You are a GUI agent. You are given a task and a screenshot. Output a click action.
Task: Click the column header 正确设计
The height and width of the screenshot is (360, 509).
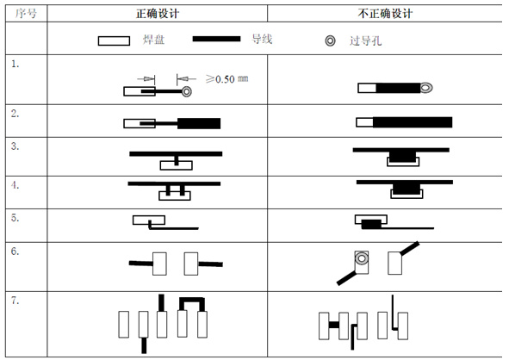coord(158,14)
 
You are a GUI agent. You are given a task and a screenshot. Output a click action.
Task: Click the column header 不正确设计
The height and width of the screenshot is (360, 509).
coord(385,14)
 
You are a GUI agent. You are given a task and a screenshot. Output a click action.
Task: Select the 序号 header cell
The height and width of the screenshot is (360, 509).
coord(26,14)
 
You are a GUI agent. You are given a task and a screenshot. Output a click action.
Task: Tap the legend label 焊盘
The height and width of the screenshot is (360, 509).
coord(153,40)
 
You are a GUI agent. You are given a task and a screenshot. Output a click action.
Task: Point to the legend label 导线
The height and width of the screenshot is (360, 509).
coord(262,40)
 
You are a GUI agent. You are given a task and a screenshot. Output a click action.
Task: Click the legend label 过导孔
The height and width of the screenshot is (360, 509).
coord(365,40)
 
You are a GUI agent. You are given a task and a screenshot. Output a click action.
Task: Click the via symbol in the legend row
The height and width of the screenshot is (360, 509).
coord(330,40)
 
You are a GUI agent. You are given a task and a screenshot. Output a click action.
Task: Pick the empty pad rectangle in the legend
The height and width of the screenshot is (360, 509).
coord(114,40)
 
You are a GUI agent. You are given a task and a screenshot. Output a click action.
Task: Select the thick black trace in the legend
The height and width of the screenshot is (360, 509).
coord(216,39)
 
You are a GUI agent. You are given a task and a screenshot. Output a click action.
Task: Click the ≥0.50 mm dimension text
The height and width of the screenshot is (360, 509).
coord(227,79)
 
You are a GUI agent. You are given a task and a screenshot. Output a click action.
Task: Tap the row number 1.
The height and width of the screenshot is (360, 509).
coord(15,64)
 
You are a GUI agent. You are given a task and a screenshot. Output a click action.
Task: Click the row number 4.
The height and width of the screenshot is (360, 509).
coord(15,185)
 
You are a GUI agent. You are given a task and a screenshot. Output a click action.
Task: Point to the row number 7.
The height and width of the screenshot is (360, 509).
coord(15,301)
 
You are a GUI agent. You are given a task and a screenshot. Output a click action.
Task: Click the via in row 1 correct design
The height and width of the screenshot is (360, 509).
coord(186,91)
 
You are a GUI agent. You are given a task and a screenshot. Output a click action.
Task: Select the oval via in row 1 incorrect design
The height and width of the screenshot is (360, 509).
coord(426,88)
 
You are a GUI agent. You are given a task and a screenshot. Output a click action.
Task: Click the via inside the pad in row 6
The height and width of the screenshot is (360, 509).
coord(362,258)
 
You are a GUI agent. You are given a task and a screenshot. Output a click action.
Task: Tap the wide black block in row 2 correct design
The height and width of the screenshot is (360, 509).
coord(199,123)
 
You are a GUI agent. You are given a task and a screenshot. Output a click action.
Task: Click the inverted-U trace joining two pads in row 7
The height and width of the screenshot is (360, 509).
coord(192,301)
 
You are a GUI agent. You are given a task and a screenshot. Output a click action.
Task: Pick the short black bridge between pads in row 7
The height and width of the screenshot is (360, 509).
coord(333,325)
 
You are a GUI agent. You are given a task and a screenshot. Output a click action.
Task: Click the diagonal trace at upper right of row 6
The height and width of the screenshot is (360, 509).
coord(409,248)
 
